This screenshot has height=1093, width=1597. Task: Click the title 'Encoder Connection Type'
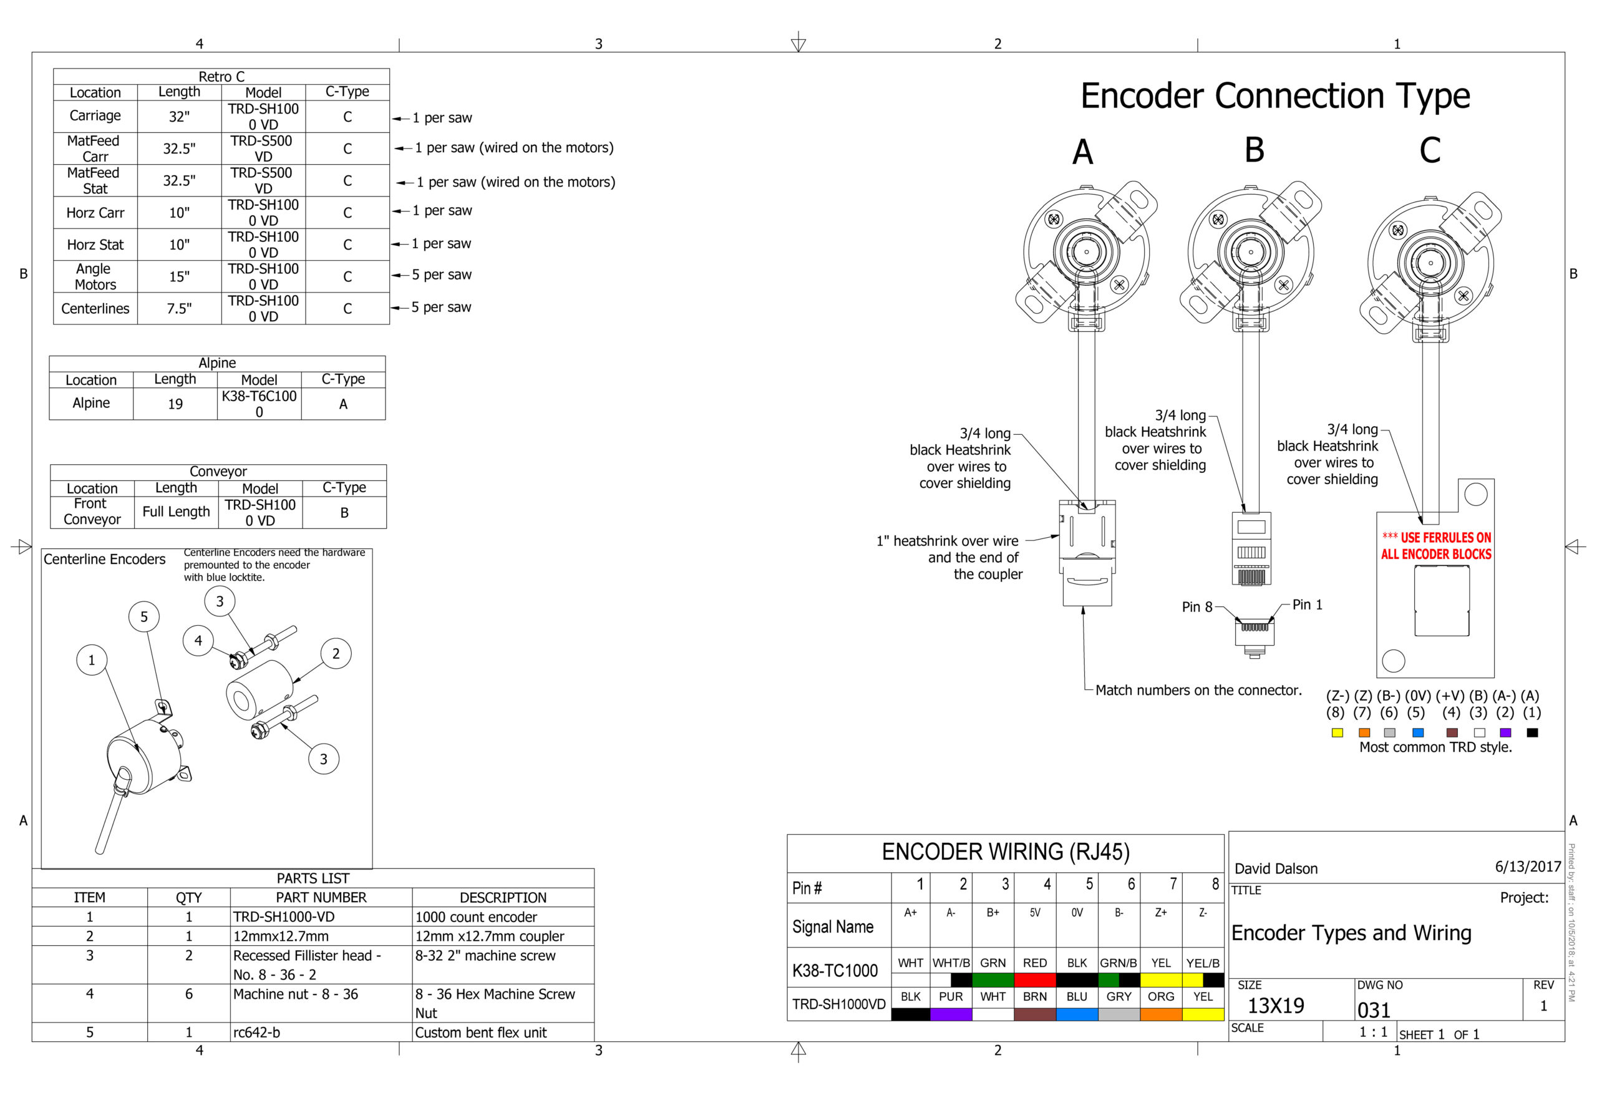click(1274, 95)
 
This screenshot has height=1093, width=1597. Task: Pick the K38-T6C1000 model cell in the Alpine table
click(259, 404)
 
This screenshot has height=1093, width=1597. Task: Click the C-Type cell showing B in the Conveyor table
click(344, 513)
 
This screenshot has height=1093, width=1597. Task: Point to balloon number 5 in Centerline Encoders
click(143, 616)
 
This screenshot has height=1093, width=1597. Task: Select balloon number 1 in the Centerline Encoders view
click(92, 660)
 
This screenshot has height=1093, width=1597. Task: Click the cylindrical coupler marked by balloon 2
click(259, 690)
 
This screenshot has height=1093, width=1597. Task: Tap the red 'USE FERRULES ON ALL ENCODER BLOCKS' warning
click(1435, 546)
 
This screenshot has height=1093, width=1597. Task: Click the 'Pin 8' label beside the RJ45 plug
click(1197, 607)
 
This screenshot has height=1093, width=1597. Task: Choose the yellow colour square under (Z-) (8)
click(1337, 733)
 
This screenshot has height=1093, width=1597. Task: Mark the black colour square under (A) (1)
click(1531, 733)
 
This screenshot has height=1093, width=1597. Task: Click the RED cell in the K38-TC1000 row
click(1034, 963)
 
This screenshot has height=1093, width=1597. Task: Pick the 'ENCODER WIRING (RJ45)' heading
click(1006, 852)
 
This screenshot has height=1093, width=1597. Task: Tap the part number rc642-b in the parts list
click(257, 1032)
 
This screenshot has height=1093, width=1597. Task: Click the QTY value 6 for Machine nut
click(188, 993)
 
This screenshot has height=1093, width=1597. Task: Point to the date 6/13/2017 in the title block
click(1528, 866)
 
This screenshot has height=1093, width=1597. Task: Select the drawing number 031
click(1374, 1010)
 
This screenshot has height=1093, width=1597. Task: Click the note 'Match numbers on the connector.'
click(1198, 690)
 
